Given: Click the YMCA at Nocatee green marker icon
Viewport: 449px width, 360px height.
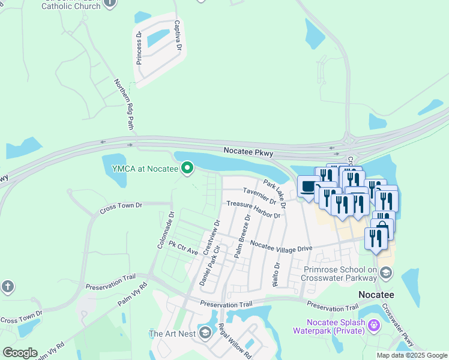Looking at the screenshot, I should tap(187, 169).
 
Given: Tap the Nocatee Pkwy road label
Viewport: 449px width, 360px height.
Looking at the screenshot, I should tap(249, 153).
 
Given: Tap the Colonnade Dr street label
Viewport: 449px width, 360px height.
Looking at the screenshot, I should tap(165, 229).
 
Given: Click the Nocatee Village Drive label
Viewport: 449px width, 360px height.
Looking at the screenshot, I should tap(282, 246).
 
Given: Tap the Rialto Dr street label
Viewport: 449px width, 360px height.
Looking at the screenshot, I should tap(277, 274).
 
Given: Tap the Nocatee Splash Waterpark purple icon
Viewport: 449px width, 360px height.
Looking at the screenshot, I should tap(374, 325).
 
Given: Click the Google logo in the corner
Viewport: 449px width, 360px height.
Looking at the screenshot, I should tap(20, 352).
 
